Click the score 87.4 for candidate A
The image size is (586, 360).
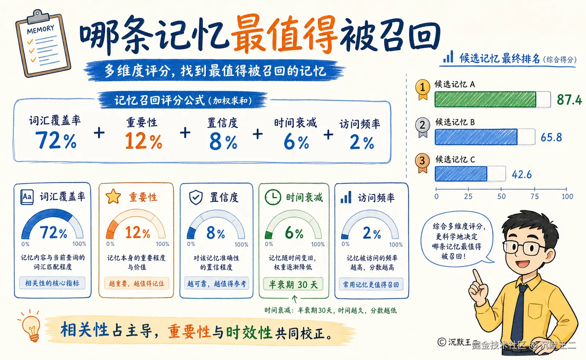(x=569, y=100)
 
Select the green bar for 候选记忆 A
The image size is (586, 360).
(x=485, y=99)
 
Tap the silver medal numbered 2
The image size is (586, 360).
(x=423, y=127)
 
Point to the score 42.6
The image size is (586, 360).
(x=522, y=174)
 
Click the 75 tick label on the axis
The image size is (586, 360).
(x=534, y=197)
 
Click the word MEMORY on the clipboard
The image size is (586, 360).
(x=41, y=30)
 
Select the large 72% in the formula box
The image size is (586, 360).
(x=56, y=140)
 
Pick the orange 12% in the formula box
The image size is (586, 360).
(x=144, y=141)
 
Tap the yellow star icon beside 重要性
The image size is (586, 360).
(x=113, y=197)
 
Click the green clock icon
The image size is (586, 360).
(x=273, y=197)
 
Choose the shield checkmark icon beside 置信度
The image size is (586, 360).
(x=196, y=197)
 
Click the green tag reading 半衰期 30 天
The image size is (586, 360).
(x=293, y=285)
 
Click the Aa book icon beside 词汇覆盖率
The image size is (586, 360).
(x=27, y=197)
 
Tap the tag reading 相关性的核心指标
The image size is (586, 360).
(x=52, y=283)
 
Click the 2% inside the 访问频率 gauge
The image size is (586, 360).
(x=371, y=233)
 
